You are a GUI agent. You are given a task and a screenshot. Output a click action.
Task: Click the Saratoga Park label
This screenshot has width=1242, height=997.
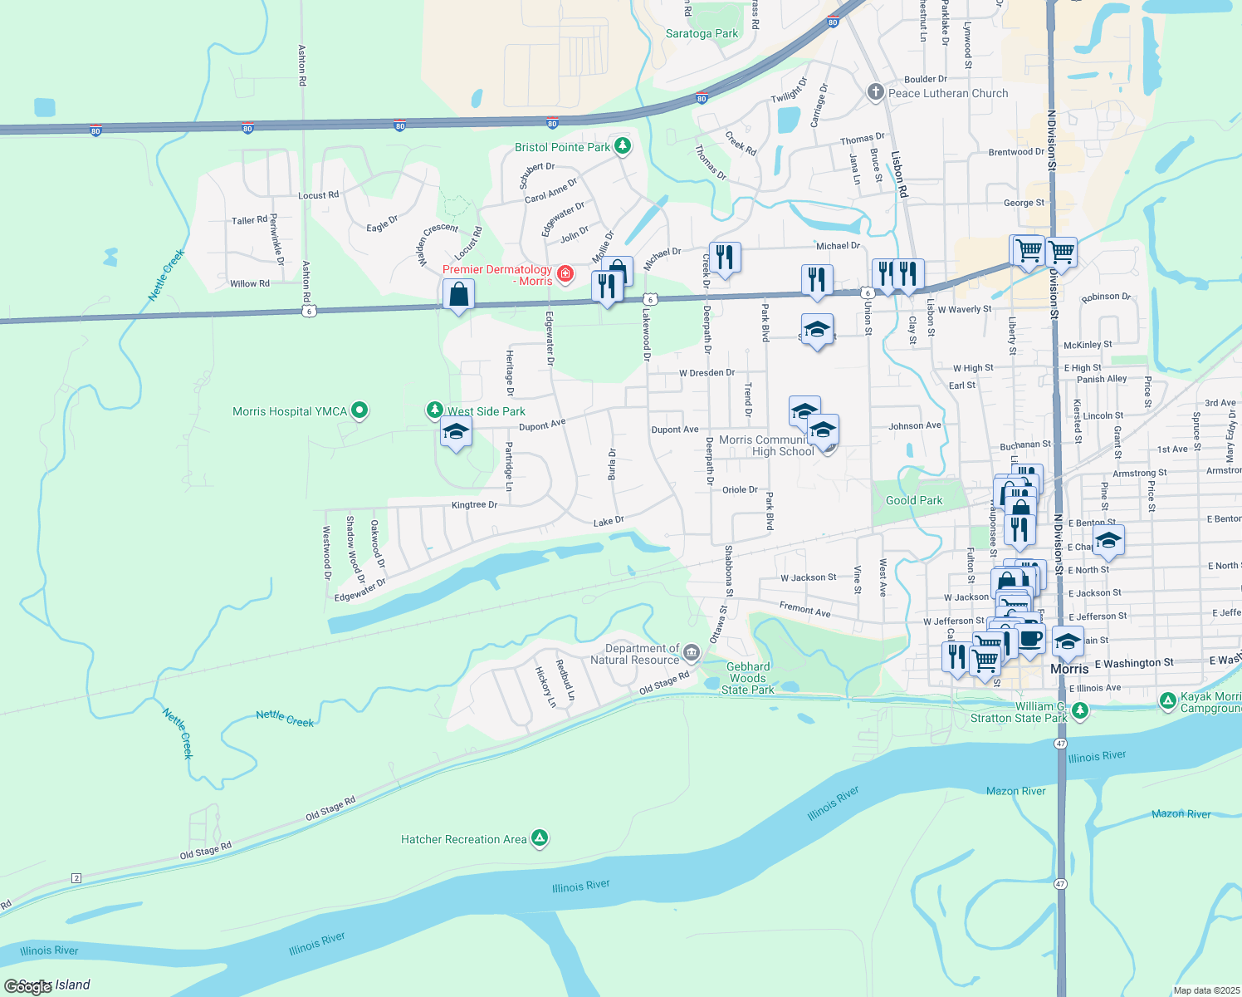[x=702, y=33]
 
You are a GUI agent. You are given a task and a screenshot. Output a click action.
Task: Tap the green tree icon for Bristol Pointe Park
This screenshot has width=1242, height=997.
[x=622, y=147]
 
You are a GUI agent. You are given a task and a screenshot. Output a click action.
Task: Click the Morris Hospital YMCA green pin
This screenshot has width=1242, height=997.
[x=359, y=410]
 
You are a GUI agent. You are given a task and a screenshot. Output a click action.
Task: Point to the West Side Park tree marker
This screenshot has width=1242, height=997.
[x=434, y=410]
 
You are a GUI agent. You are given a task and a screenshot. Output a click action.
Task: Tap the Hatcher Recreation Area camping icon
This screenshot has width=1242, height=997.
[x=540, y=838]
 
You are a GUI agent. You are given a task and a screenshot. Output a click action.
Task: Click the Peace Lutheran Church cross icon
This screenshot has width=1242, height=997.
[x=875, y=92]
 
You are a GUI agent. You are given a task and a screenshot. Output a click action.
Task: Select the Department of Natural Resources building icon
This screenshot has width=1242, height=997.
[x=692, y=654]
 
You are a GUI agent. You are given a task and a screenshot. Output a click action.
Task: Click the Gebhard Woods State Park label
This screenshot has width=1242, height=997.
[x=748, y=678]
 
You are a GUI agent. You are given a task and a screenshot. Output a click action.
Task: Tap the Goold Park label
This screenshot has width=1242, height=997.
[x=914, y=500]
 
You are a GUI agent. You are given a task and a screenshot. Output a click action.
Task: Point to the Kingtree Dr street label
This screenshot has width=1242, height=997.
[x=474, y=505]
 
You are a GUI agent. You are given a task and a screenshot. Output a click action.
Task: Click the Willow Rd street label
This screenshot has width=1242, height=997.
[x=250, y=283]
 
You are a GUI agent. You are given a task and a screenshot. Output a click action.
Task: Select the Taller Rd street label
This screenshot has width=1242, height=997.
[x=249, y=220]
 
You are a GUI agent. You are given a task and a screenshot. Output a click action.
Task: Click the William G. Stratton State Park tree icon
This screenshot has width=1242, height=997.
[x=1079, y=711]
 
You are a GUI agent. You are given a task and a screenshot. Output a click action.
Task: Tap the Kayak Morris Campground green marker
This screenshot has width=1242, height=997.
[x=1168, y=701]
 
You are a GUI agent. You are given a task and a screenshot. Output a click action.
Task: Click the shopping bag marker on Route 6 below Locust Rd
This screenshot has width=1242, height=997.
[x=458, y=295]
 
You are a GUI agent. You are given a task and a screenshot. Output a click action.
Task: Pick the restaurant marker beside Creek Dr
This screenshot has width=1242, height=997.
[x=725, y=258]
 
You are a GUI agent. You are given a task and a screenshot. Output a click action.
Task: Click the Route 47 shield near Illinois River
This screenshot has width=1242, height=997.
[x=1060, y=743]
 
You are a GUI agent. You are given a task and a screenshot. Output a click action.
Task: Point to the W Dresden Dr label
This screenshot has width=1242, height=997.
[x=707, y=373]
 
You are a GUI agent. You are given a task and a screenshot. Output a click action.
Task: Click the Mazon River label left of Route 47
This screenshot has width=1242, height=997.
[x=1015, y=791]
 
